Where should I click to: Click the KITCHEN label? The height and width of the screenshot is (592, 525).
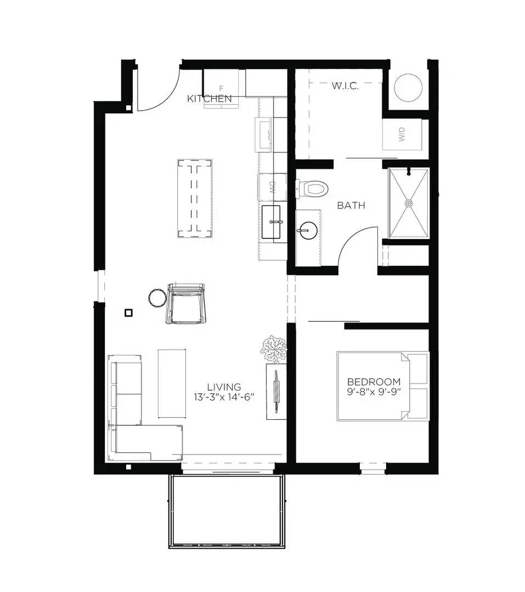[x=209, y=99]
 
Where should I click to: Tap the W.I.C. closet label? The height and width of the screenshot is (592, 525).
[x=345, y=86]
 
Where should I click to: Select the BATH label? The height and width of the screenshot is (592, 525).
[x=351, y=206]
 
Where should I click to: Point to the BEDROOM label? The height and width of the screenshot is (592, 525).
[x=374, y=382]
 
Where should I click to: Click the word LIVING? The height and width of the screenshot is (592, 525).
[x=224, y=387]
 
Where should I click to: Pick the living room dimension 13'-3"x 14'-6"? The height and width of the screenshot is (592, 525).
[x=224, y=397]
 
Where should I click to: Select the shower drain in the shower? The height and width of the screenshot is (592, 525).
[x=409, y=203]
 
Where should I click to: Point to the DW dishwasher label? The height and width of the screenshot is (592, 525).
[x=271, y=186]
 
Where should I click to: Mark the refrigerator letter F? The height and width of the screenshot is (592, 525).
[x=222, y=88]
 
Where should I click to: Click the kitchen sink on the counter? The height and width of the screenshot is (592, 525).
[x=272, y=222]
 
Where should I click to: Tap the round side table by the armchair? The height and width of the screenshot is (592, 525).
[x=157, y=298]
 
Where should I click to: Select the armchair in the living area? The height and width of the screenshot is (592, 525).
[x=187, y=304]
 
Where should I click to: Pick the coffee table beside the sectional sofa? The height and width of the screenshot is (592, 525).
[x=172, y=383]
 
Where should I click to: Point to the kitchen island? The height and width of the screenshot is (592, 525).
[x=195, y=198]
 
